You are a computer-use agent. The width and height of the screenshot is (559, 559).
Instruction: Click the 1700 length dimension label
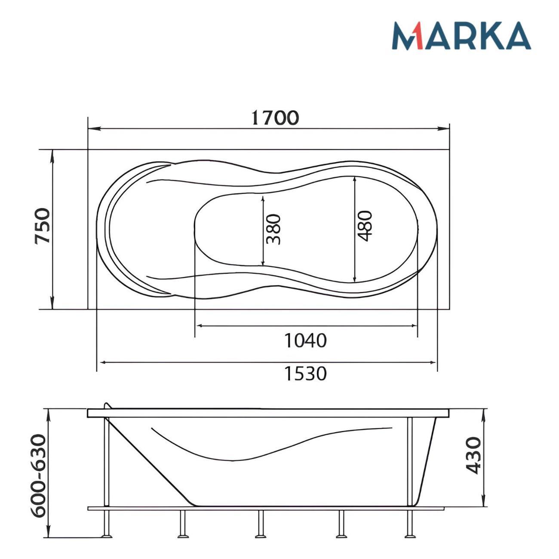(x=275, y=118)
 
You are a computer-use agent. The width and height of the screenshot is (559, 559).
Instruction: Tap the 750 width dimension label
(x=43, y=226)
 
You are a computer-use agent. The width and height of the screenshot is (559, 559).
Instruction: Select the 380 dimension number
(x=273, y=230)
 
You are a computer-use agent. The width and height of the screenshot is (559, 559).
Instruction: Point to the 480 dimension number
(x=364, y=226)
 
